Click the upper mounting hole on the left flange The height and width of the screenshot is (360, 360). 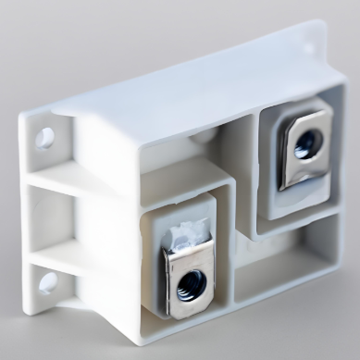tap(43, 139)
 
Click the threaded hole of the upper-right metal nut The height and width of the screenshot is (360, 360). tap(307, 143)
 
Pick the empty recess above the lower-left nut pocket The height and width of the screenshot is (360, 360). tap(176, 162)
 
